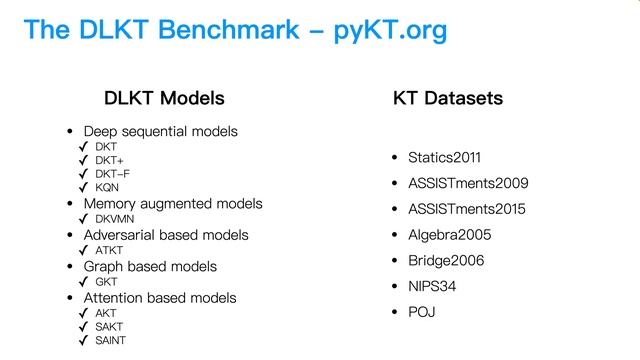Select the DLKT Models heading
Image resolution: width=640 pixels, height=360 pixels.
point(164,98)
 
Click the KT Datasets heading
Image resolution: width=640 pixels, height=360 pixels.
point(448,98)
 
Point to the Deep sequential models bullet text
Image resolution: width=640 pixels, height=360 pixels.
point(160,131)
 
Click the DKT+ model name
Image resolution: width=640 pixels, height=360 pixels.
point(110,160)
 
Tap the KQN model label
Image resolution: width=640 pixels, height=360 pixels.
point(108,188)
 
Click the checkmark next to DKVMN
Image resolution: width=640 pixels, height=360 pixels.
point(84,218)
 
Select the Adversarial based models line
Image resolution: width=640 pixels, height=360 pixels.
point(166,235)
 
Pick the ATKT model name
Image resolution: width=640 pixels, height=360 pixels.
point(110,250)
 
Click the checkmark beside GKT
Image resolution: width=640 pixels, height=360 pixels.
point(84,282)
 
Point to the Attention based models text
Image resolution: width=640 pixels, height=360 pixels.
point(160,298)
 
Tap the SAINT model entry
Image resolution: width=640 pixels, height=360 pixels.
point(112,340)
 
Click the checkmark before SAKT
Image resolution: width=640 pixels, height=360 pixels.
point(84,326)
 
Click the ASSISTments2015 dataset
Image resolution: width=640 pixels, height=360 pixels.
point(467,210)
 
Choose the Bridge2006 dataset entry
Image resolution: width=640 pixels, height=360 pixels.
point(446,261)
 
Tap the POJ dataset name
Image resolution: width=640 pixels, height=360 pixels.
point(421,313)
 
